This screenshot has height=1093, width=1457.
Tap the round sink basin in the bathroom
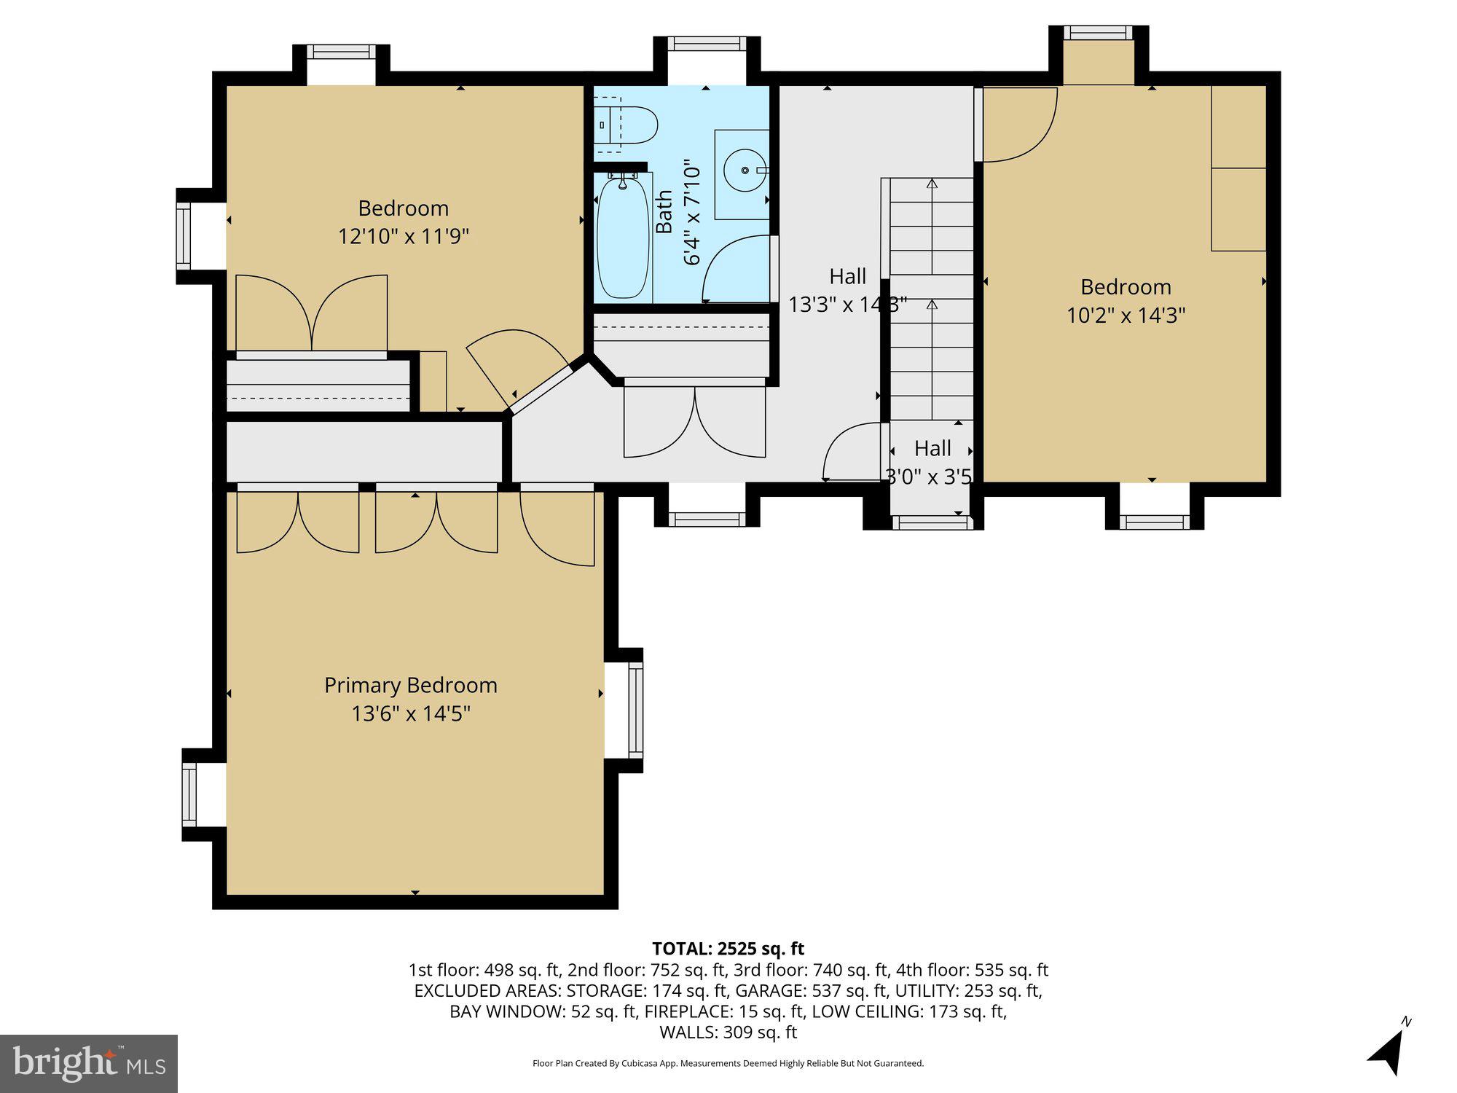pos(745,171)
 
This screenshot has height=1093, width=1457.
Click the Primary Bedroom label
pos(410,685)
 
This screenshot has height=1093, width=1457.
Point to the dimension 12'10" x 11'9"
pos(403,236)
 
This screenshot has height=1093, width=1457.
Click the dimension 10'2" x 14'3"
pos(1126,315)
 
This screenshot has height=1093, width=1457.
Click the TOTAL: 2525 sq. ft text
pos(728,949)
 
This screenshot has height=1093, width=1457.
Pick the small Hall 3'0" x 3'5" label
pos(932,461)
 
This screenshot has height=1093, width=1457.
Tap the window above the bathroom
pos(706,44)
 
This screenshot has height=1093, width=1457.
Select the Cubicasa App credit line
pos(728,1063)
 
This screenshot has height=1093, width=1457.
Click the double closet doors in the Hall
pos(694,421)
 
